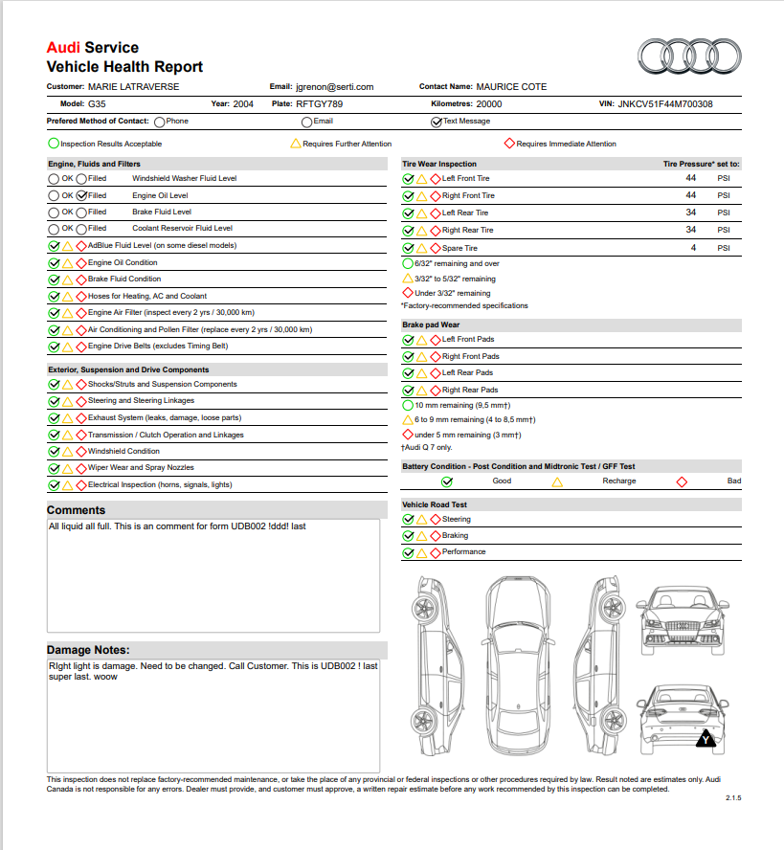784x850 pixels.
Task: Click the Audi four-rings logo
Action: pos(686,57)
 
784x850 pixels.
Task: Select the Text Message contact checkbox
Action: pos(437,122)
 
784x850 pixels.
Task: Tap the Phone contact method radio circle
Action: pos(159,122)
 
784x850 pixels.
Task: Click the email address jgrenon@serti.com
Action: pos(335,87)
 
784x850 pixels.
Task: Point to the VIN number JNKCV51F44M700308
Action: pos(664,104)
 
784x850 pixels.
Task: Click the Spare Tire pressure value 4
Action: pos(691,248)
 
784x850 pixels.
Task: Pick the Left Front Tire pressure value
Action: pos(691,178)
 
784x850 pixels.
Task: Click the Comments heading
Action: pos(76,510)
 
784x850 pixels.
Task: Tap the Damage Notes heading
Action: pos(88,650)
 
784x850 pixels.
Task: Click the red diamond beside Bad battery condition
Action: pos(682,481)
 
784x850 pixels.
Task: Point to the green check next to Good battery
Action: pos(447,481)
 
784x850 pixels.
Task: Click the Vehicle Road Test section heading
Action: pos(435,504)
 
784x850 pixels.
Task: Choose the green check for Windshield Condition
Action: pos(54,452)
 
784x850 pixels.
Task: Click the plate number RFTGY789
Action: pos(320,104)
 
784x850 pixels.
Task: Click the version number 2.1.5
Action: pos(733,797)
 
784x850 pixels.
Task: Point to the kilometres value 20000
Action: pos(488,104)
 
